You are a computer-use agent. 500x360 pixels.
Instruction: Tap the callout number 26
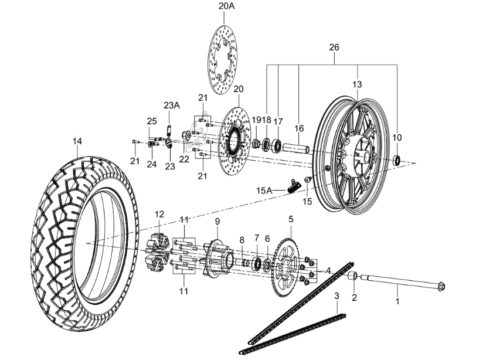click(334, 47)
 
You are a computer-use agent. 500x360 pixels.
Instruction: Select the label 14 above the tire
click(77, 141)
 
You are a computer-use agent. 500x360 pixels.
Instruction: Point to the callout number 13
click(357, 84)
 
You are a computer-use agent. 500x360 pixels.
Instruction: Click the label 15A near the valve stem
click(264, 191)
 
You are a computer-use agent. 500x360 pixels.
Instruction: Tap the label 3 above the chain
click(336, 297)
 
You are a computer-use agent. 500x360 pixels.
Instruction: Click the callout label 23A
click(172, 106)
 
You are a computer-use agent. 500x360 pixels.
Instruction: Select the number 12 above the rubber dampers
click(159, 214)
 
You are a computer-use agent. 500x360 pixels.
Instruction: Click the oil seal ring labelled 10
click(397, 159)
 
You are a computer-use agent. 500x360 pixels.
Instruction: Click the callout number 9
click(217, 221)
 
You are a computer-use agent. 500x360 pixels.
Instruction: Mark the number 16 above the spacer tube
click(299, 128)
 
